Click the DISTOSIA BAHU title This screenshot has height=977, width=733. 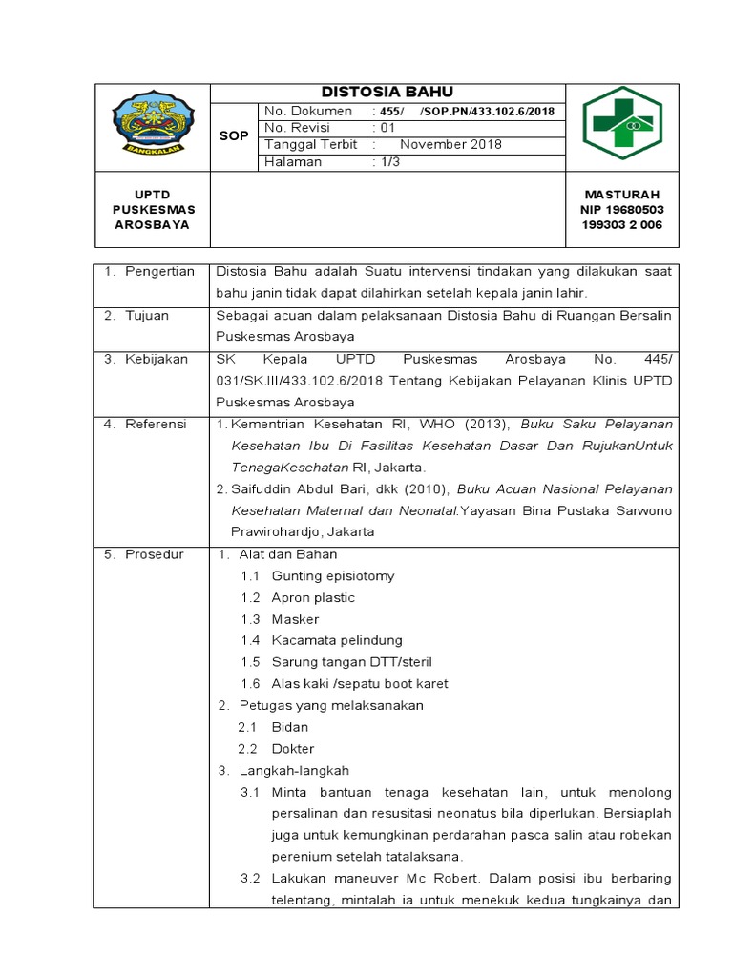(x=387, y=92)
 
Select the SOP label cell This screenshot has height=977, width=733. (x=234, y=136)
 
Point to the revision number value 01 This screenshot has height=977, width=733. (x=387, y=128)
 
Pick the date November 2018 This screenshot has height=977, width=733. (x=450, y=145)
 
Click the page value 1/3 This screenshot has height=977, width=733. (x=387, y=162)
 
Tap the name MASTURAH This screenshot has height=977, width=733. (x=621, y=194)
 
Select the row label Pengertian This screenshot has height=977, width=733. (x=158, y=272)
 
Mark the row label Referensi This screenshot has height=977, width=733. (x=157, y=424)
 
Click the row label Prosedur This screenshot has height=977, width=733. (x=156, y=554)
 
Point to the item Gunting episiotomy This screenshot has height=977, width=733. (x=333, y=576)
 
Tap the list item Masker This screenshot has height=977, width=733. (x=295, y=619)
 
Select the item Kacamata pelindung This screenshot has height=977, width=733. (x=337, y=640)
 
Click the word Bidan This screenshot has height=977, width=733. (x=290, y=727)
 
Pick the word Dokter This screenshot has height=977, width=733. (x=293, y=749)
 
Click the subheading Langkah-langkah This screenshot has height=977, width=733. (x=296, y=770)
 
